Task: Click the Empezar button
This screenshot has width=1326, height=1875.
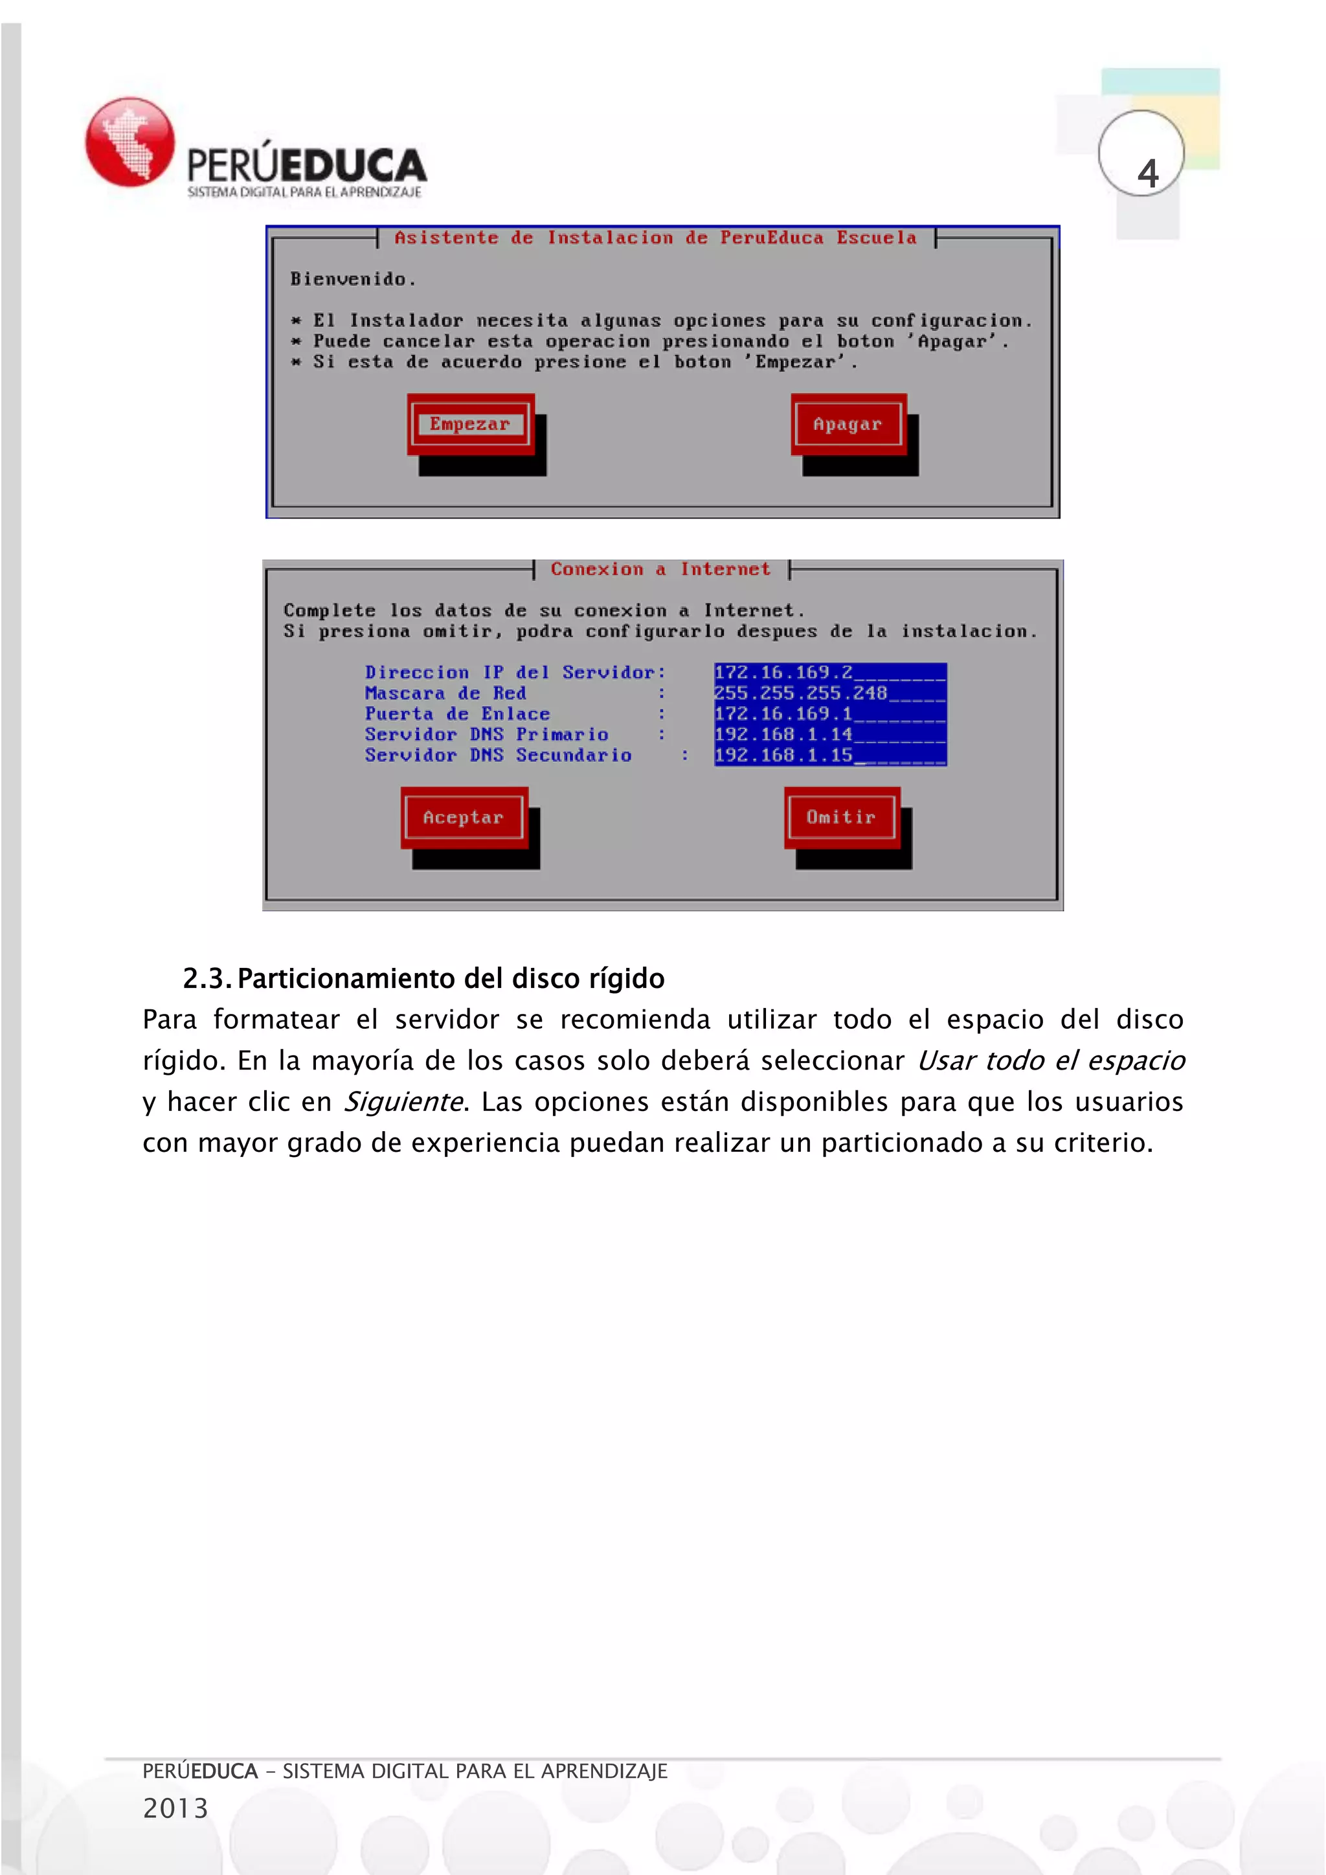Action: pos(469,424)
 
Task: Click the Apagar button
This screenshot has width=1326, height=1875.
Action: pos(848,424)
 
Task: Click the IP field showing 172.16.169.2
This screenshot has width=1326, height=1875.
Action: pos(829,672)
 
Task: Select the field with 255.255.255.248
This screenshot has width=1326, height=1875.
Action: pos(829,693)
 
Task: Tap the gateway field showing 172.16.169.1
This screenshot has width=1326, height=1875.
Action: pos(829,713)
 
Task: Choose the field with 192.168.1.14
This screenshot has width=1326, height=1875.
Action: pos(829,734)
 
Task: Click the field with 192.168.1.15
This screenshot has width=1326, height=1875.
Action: pos(829,756)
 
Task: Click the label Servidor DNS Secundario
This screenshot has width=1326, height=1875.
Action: pos(498,756)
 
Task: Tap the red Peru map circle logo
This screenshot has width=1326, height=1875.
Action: pos(130,142)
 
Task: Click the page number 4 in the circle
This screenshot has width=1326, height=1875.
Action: pos(1147,173)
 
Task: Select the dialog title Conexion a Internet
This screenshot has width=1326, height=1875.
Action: pos(660,569)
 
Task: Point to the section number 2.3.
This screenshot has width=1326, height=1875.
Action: pos(207,978)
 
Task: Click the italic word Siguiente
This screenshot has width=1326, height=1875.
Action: pos(403,1102)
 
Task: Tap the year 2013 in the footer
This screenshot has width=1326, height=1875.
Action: pos(175,1808)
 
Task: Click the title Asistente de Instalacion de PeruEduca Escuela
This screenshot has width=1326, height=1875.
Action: pos(655,238)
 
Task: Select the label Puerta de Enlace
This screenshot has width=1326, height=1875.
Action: pos(457,713)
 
